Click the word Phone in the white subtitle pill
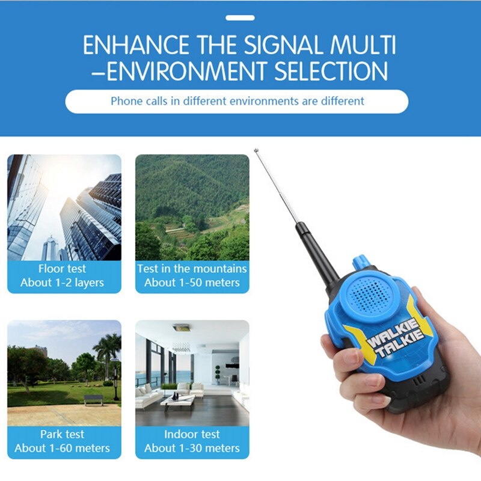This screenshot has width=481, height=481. [x=126, y=101]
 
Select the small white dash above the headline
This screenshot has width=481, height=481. [x=240, y=18]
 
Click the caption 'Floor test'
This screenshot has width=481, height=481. [x=63, y=269]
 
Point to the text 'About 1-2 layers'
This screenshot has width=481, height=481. [x=63, y=283]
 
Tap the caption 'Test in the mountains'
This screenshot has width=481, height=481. [x=192, y=269]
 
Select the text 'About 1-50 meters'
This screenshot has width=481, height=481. [x=192, y=283]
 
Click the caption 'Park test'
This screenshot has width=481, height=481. [x=63, y=434]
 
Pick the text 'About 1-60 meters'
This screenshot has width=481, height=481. [x=63, y=448]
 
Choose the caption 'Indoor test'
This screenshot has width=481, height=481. [x=192, y=434]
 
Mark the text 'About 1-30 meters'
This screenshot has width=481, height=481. [x=192, y=448]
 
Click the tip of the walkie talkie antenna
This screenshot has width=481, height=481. [x=256, y=150]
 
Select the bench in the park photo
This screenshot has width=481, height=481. [x=93, y=399]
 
